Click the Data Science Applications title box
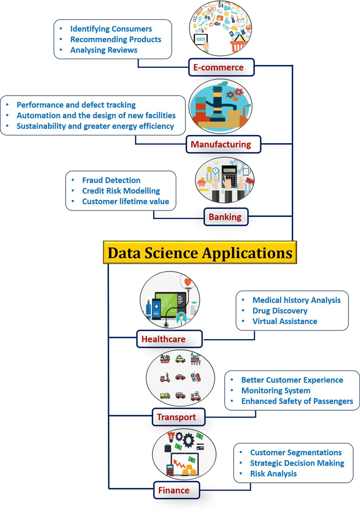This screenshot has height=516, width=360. click(x=200, y=253)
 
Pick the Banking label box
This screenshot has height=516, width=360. click(x=225, y=217)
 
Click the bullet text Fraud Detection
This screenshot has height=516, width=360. click(x=111, y=180)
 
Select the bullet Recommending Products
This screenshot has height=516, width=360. click(x=116, y=39)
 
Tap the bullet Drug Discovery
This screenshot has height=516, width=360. click(x=280, y=310)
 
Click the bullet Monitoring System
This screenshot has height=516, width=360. click(x=276, y=391)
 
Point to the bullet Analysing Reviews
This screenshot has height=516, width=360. click(x=104, y=50)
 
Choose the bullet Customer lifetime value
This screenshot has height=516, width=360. click(x=125, y=201)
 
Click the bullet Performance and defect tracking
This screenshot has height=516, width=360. click(x=76, y=105)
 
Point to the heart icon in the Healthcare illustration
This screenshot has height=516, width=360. click(x=187, y=282)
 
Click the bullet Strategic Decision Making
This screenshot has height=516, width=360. click(x=297, y=463)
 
